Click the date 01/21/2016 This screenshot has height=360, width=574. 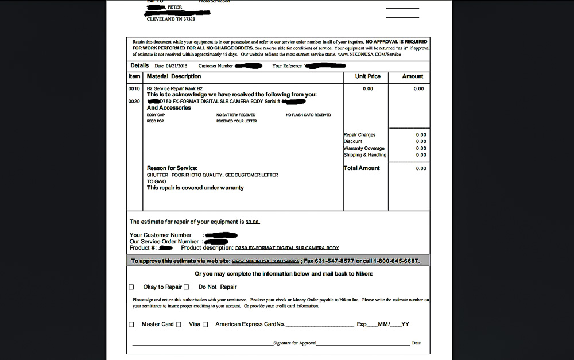click(177, 66)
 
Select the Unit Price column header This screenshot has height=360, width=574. click(368, 76)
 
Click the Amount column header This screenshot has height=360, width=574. click(412, 76)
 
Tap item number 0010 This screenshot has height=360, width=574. click(134, 89)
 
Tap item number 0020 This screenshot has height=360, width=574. click(134, 101)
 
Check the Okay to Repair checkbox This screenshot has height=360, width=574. click(131, 287)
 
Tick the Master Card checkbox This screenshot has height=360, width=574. click(131, 324)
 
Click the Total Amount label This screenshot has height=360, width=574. click(362, 168)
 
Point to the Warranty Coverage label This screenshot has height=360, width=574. click(364, 148)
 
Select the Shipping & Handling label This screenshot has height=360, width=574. click(365, 155)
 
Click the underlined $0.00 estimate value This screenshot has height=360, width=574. click(253, 222)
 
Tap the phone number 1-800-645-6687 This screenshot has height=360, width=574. click(396, 261)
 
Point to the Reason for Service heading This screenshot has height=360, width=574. click(172, 168)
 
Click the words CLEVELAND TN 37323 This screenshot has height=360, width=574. click(171, 19)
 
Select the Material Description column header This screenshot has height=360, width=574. click(174, 76)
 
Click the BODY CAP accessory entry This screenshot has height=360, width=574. click(156, 115)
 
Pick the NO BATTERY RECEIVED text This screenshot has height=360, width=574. click(236, 115)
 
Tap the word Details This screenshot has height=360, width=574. click(139, 65)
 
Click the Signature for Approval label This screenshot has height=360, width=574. click(294, 343)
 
